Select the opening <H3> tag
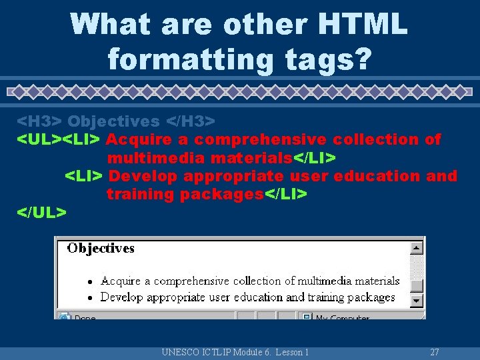[39, 121]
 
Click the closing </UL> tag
[41, 212]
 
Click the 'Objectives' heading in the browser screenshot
[101, 249]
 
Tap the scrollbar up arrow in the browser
[417, 248]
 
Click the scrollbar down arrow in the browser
[417, 301]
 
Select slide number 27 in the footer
[435, 352]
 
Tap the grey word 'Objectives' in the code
[113, 121]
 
